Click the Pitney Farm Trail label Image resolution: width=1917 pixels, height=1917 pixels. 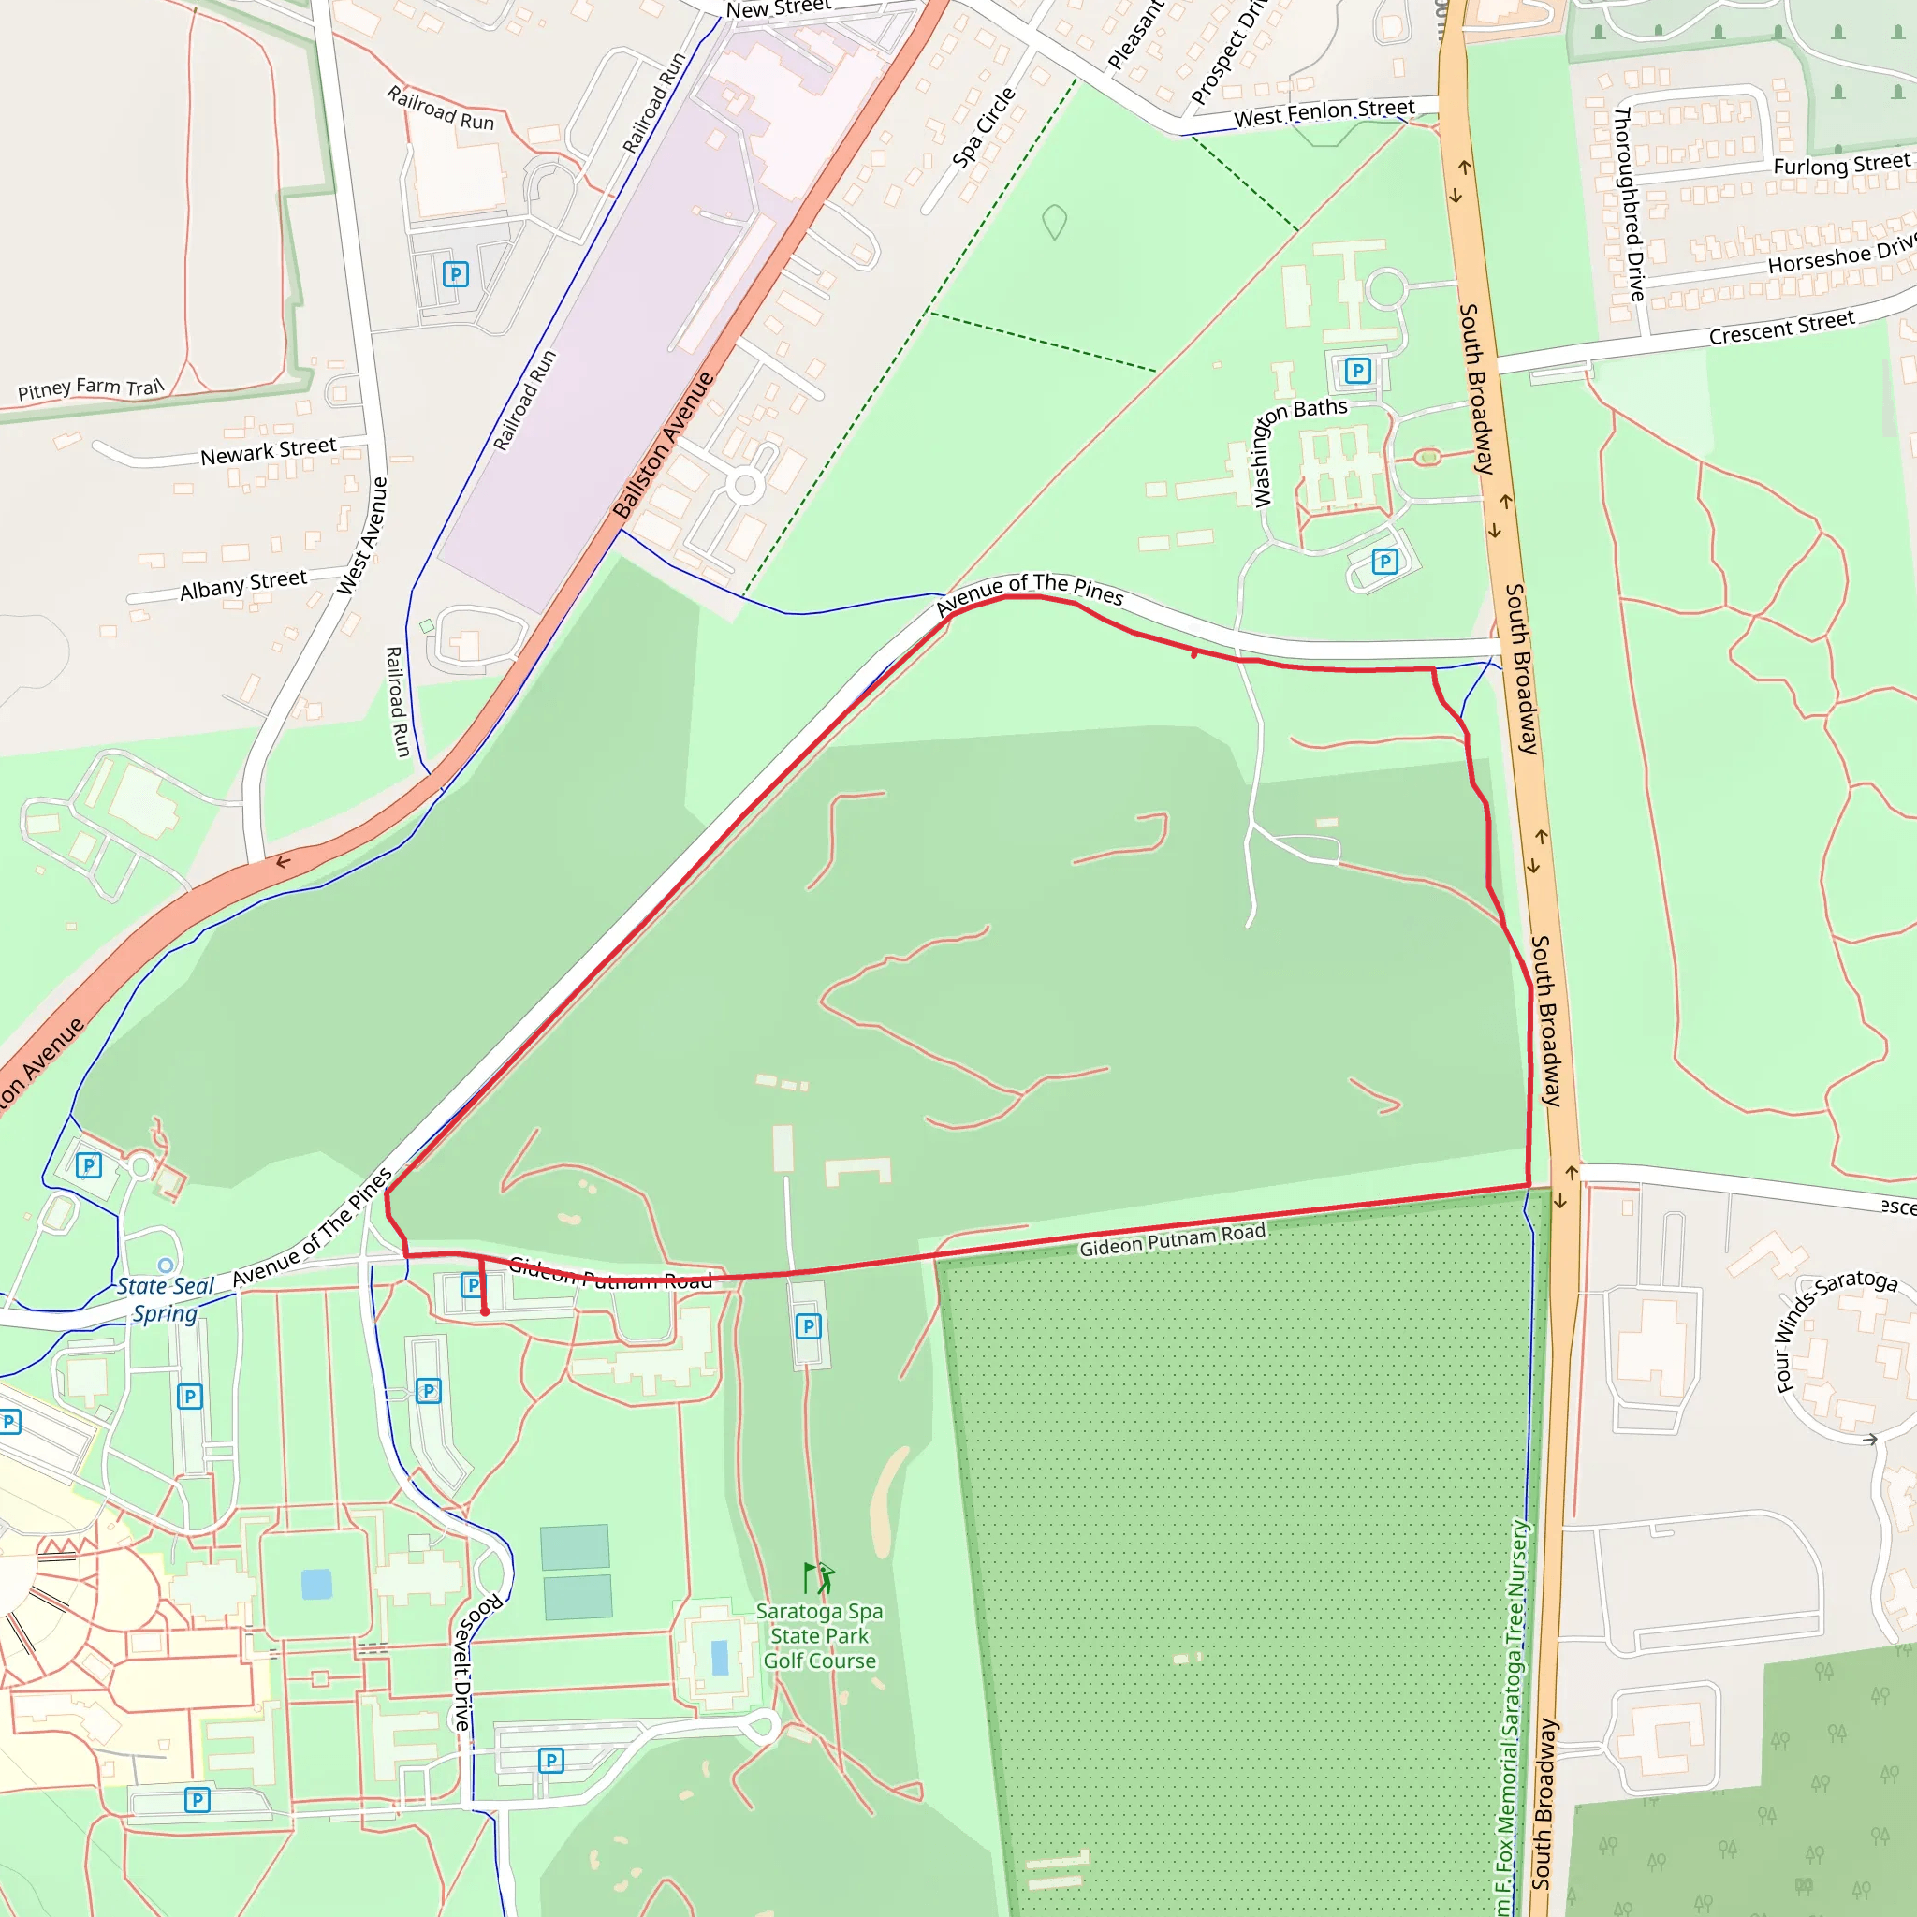(90, 388)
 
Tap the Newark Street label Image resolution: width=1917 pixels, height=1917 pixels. (268, 451)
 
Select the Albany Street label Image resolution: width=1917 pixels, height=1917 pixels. (243, 584)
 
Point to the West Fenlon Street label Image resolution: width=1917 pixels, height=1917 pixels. (1324, 113)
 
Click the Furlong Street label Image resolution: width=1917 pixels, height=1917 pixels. (1840, 165)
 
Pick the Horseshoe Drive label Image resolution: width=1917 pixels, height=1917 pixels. (1840, 254)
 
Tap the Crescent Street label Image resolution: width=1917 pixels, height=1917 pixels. (1781, 328)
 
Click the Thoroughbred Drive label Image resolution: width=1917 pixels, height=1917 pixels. (1629, 203)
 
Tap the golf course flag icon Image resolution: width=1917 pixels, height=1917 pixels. (819, 1577)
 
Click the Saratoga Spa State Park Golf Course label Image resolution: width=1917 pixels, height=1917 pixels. (820, 1636)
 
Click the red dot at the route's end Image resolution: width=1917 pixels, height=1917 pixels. (485, 1311)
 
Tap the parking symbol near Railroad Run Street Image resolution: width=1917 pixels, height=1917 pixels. (456, 275)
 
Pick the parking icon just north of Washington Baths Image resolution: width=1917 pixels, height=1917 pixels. (1357, 371)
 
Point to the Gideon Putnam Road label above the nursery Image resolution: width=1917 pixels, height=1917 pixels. (1172, 1239)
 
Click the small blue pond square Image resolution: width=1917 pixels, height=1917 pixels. (316, 1584)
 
